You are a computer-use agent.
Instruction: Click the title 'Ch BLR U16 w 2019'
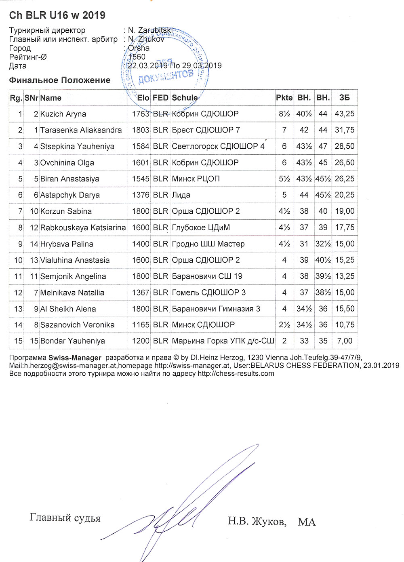point(57,15)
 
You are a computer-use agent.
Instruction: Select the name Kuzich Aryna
point(63,114)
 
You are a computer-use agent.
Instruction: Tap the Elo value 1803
point(141,130)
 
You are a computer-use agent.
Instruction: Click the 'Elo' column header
point(143,98)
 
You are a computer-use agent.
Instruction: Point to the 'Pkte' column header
point(284,98)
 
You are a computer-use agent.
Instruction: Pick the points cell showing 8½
point(284,114)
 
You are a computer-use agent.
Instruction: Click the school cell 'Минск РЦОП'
point(196,179)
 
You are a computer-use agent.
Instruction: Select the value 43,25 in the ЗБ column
point(344,114)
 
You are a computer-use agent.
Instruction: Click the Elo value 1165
point(141,325)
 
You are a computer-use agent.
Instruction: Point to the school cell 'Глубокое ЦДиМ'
point(201,227)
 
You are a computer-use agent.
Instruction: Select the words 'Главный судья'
point(65,518)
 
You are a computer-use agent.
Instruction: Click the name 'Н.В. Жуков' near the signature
point(257,522)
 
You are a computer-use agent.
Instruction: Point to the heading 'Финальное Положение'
point(59,80)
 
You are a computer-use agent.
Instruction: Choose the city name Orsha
point(139,48)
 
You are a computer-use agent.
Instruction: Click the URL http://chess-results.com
point(236,374)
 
